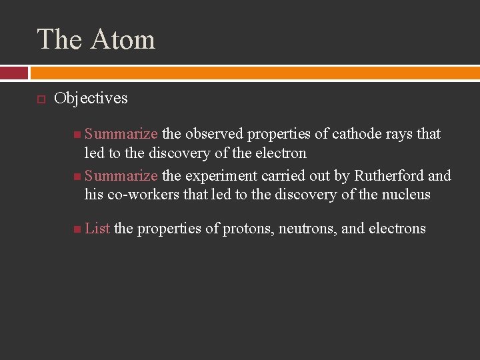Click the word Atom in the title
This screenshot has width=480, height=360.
[123, 39]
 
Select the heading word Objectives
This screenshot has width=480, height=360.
[91, 98]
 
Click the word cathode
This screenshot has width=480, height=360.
[357, 134]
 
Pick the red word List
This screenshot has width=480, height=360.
[97, 228]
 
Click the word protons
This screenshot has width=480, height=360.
[247, 229]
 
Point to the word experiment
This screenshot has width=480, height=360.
[219, 176]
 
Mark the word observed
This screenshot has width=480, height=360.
[214, 134]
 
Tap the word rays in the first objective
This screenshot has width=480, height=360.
[399, 134]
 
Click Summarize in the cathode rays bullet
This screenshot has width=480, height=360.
[121, 134]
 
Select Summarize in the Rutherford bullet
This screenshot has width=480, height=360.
[121, 176]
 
